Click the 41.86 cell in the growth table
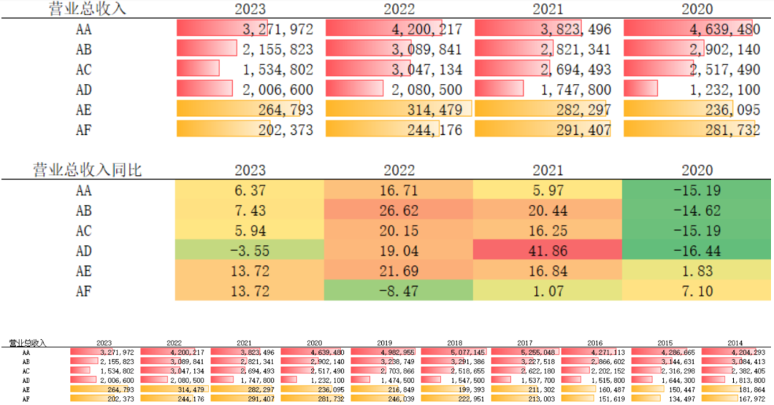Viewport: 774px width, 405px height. [548, 252]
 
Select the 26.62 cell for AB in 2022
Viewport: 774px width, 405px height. [399, 211]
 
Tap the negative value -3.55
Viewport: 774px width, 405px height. [250, 252]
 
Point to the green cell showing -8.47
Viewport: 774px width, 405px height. [399, 292]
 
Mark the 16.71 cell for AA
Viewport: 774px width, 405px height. [399, 191]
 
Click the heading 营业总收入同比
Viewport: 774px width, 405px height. [87, 171]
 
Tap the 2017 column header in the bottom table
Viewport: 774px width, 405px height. [526, 343]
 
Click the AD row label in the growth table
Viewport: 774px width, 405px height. [83, 252]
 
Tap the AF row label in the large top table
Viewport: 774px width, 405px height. [83, 130]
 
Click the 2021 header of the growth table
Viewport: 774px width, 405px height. [548, 171]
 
